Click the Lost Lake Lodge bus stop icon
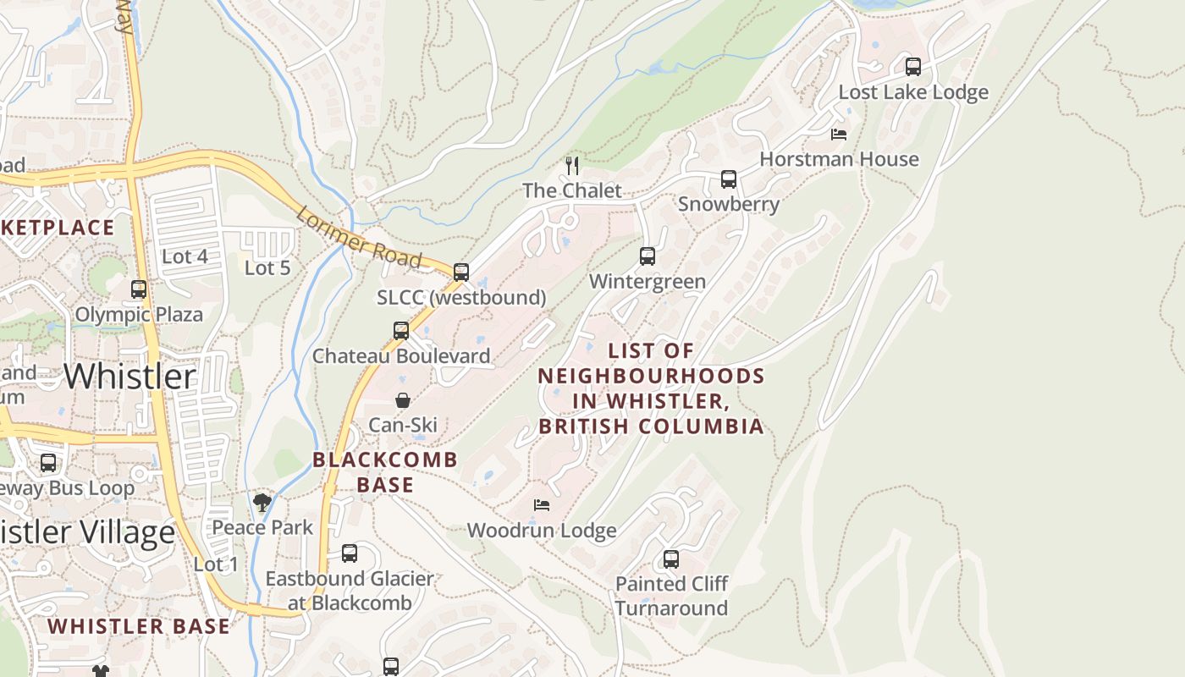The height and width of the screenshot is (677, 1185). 913,67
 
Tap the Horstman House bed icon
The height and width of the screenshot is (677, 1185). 839,135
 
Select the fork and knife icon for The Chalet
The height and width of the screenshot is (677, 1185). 572,165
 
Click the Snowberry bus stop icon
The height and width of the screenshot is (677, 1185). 729,179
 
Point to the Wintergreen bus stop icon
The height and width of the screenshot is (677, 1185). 648,256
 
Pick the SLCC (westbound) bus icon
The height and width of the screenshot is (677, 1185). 461,272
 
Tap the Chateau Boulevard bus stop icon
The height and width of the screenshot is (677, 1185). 401,331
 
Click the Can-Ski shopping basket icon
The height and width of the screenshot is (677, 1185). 403,399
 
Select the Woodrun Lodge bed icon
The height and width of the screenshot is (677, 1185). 542,505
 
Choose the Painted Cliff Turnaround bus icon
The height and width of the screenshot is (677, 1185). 671,559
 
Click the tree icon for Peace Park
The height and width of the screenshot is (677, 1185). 262,503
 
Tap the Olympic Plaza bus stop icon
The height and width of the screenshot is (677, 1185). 139,289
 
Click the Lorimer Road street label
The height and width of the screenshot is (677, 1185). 359,238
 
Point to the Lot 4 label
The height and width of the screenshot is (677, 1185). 185,256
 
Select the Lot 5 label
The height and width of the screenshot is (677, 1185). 267,267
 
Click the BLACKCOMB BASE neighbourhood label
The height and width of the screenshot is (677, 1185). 385,472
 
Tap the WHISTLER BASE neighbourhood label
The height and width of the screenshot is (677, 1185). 139,626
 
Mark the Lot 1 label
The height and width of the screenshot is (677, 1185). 216,564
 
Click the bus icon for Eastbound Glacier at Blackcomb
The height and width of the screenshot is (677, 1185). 350,553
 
